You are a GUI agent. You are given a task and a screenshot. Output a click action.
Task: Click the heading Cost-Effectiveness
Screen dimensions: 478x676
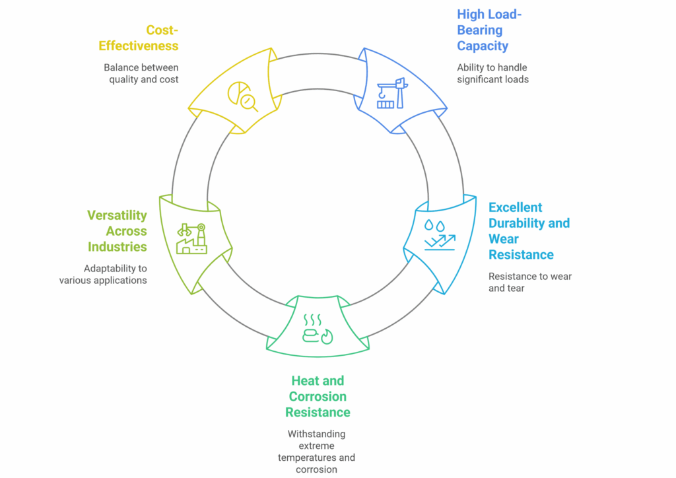click(x=139, y=38)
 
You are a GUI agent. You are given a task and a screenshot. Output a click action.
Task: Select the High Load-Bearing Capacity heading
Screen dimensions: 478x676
click(x=489, y=30)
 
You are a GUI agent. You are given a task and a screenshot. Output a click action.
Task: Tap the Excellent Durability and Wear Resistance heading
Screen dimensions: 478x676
click(x=528, y=231)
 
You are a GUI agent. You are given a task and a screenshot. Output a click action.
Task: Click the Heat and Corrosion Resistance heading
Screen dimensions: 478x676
click(x=318, y=397)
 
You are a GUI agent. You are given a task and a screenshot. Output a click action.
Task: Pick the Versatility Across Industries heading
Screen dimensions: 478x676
click(x=117, y=231)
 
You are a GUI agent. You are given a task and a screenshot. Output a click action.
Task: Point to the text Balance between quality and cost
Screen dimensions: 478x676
click(x=141, y=73)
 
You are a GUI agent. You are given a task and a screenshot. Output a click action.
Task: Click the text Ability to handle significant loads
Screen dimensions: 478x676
click(x=492, y=73)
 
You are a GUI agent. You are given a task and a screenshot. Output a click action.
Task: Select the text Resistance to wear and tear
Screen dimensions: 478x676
click(x=529, y=282)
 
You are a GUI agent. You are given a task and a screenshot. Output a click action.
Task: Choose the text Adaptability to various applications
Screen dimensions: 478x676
click(x=103, y=274)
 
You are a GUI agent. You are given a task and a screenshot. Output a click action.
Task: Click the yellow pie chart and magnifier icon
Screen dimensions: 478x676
click(x=242, y=97)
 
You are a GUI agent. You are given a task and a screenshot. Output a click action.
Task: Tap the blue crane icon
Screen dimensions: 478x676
click(x=391, y=93)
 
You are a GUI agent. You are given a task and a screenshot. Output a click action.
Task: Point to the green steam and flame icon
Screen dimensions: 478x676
click(x=317, y=329)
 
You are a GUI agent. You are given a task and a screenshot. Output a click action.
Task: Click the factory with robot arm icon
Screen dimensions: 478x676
click(x=191, y=238)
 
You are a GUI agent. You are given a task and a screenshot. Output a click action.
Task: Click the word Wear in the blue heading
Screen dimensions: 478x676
click(x=504, y=239)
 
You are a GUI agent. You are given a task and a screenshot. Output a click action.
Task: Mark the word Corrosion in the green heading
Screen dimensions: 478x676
click(x=316, y=397)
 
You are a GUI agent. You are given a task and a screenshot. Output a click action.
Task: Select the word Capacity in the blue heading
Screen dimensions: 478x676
click(x=483, y=46)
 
